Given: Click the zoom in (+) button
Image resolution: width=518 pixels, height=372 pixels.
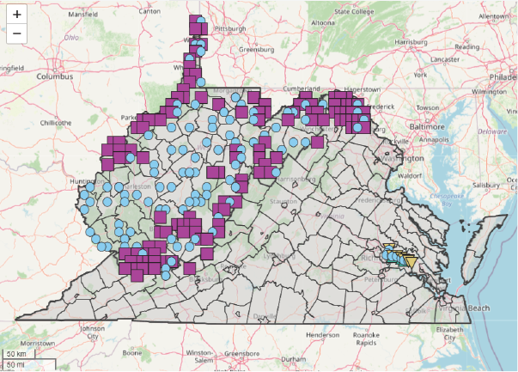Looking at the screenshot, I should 16,15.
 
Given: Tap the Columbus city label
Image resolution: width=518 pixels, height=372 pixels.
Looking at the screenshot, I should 53,76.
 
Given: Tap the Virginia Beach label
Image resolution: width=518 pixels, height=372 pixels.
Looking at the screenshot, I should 465,308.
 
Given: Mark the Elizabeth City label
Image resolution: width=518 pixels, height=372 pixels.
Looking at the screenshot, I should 452,332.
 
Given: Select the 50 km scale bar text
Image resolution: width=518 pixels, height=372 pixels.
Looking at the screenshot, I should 16,353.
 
